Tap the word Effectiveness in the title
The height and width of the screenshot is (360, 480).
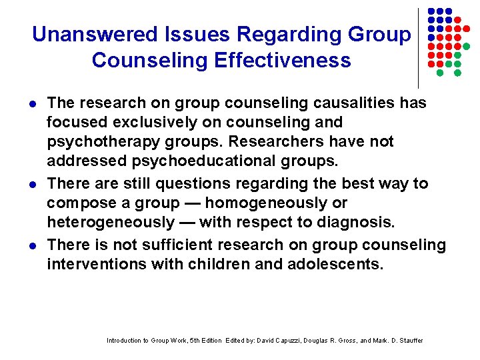[x=283, y=60]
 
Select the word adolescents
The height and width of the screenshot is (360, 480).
[x=337, y=264]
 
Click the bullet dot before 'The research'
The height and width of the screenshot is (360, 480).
[x=33, y=104]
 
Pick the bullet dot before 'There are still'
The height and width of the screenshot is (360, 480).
[x=33, y=183]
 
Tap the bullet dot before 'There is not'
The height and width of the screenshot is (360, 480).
[x=33, y=245]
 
